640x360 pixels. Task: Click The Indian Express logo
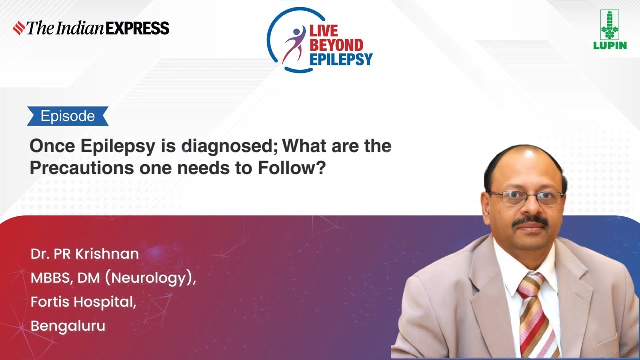tap(91, 28)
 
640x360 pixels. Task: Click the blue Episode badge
tap(68, 116)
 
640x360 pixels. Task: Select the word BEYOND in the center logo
tap(336, 45)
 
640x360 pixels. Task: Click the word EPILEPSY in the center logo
tap(341, 60)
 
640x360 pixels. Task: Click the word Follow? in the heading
tap(292, 168)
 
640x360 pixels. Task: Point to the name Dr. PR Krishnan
tap(85, 254)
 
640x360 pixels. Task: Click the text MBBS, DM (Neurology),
tap(113, 278)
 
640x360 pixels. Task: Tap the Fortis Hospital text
tap(83, 302)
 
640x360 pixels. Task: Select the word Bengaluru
tap(68, 326)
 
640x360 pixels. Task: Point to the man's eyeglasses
tap(526, 198)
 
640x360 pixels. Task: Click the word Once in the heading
tap(51, 146)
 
